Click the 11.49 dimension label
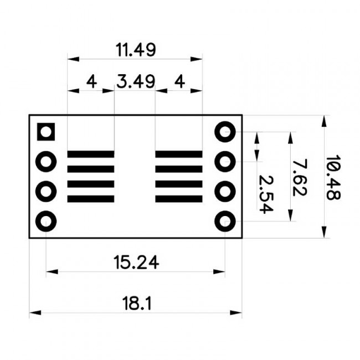pos(136,50)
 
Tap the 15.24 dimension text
pos(136,262)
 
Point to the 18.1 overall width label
pos(136,304)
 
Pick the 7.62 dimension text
pos(299,177)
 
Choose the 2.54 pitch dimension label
pos(266,194)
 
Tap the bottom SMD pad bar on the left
pos(90,198)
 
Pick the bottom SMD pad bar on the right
pos(178,198)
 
